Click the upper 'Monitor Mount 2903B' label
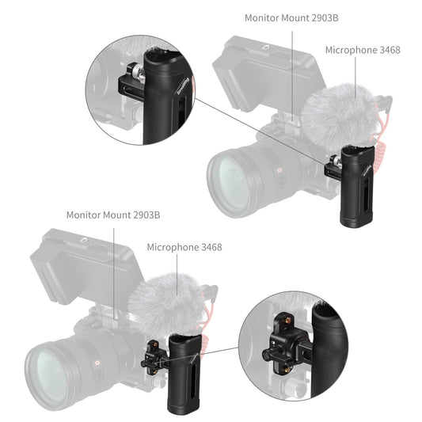click(x=293, y=17)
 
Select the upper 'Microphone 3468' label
click(x=363, y=50)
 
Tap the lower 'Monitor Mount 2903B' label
click(x=113, y=215)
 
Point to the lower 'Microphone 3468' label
click(x=184, y=247)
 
